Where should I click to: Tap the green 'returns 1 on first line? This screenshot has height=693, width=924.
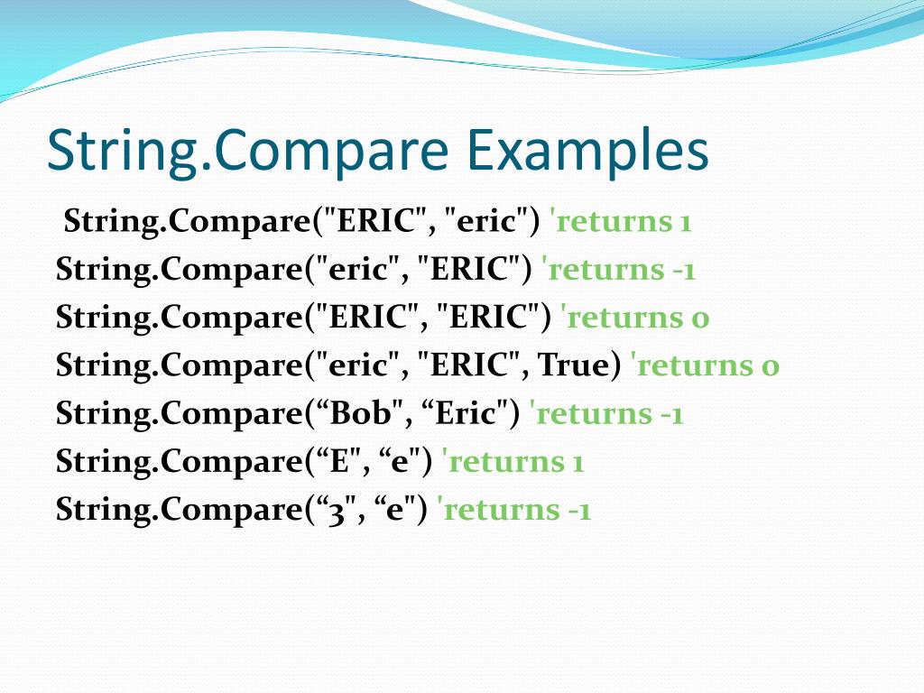[x=620, y=221]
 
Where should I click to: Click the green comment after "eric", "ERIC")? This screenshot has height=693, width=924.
[x=618, y=269]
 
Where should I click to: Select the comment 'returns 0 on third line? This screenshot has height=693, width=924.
[x=634, y=318]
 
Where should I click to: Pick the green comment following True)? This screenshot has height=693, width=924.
[x=705, y=365]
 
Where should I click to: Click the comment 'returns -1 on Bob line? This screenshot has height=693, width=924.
[x=606, y=413]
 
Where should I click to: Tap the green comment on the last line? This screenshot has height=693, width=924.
[x=513, y=510]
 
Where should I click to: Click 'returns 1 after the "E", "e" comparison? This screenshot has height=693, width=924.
[x=515, y=461]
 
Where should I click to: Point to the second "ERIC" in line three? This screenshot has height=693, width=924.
[x=488, y=318]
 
